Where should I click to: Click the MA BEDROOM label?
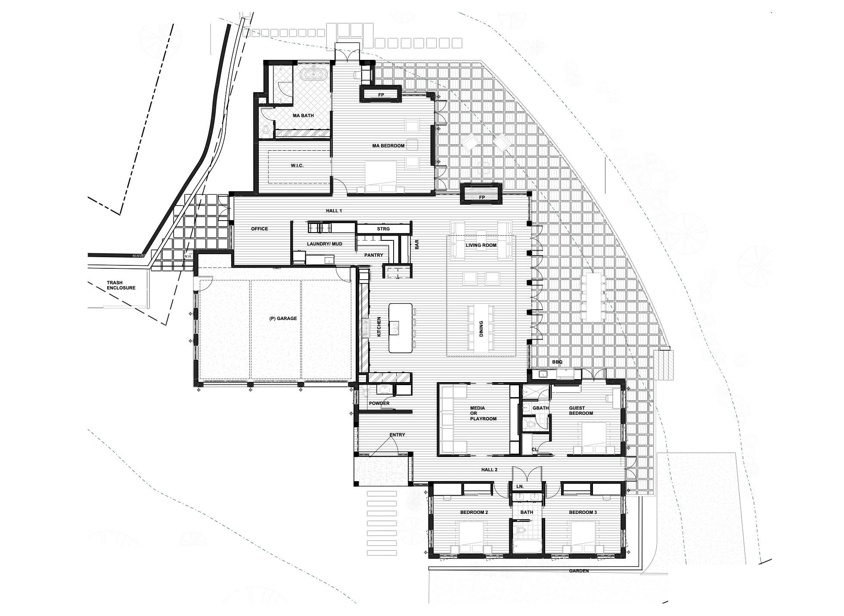(388, 146)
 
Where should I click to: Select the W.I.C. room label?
(297, 165)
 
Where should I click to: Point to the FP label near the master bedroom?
(381, 95)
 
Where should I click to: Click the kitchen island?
(400, 328)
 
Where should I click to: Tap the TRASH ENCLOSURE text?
(121, 285)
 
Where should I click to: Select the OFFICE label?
(259, 229)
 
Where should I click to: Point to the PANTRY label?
(373, 255)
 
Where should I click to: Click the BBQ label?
(557, 362)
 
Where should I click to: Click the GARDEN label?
(578, 571)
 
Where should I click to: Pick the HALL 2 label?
(489, 470)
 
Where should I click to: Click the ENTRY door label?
(397, 435)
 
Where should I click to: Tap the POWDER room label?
(379, 403)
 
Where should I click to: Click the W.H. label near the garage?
(187, 256)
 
